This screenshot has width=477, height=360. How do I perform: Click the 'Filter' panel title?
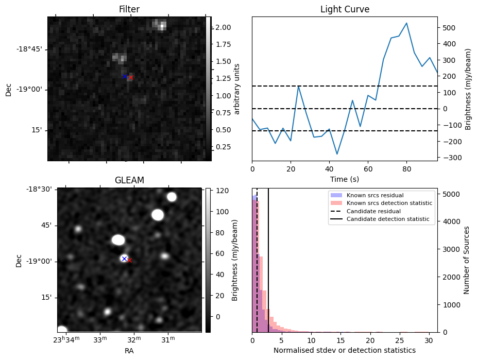pos(129,9)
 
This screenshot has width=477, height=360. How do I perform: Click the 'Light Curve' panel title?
pos(345,9)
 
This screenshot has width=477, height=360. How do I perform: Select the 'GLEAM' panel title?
pos(129,180)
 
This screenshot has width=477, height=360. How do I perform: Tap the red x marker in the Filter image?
pos(131,78)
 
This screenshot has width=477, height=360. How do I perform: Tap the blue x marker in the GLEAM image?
pos(124,259)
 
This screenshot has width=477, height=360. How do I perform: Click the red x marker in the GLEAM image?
pos(129,261)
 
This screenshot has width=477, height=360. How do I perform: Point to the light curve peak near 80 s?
pos(406,23)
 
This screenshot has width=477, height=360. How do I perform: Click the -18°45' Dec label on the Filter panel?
pos(29,49)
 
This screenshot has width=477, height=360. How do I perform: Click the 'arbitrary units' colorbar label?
pos(237,89)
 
